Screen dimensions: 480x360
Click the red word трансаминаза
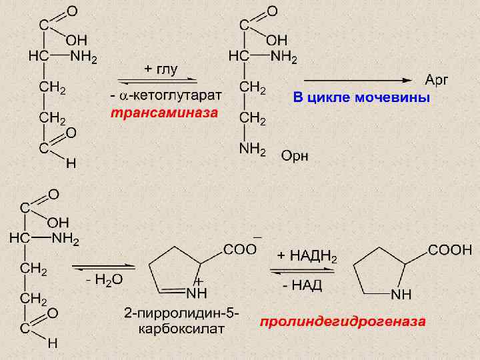click(x=164, y=113)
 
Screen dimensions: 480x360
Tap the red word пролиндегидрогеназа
click(x=343, y=321)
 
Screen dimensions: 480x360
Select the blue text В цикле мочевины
click(x=361, y=99)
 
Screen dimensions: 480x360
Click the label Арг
click(x=437, y=80)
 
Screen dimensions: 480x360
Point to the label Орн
click(x=295, y=156)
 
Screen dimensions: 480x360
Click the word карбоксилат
click(x=181, y=328)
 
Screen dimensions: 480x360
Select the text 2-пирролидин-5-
click(x=181, y=313)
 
